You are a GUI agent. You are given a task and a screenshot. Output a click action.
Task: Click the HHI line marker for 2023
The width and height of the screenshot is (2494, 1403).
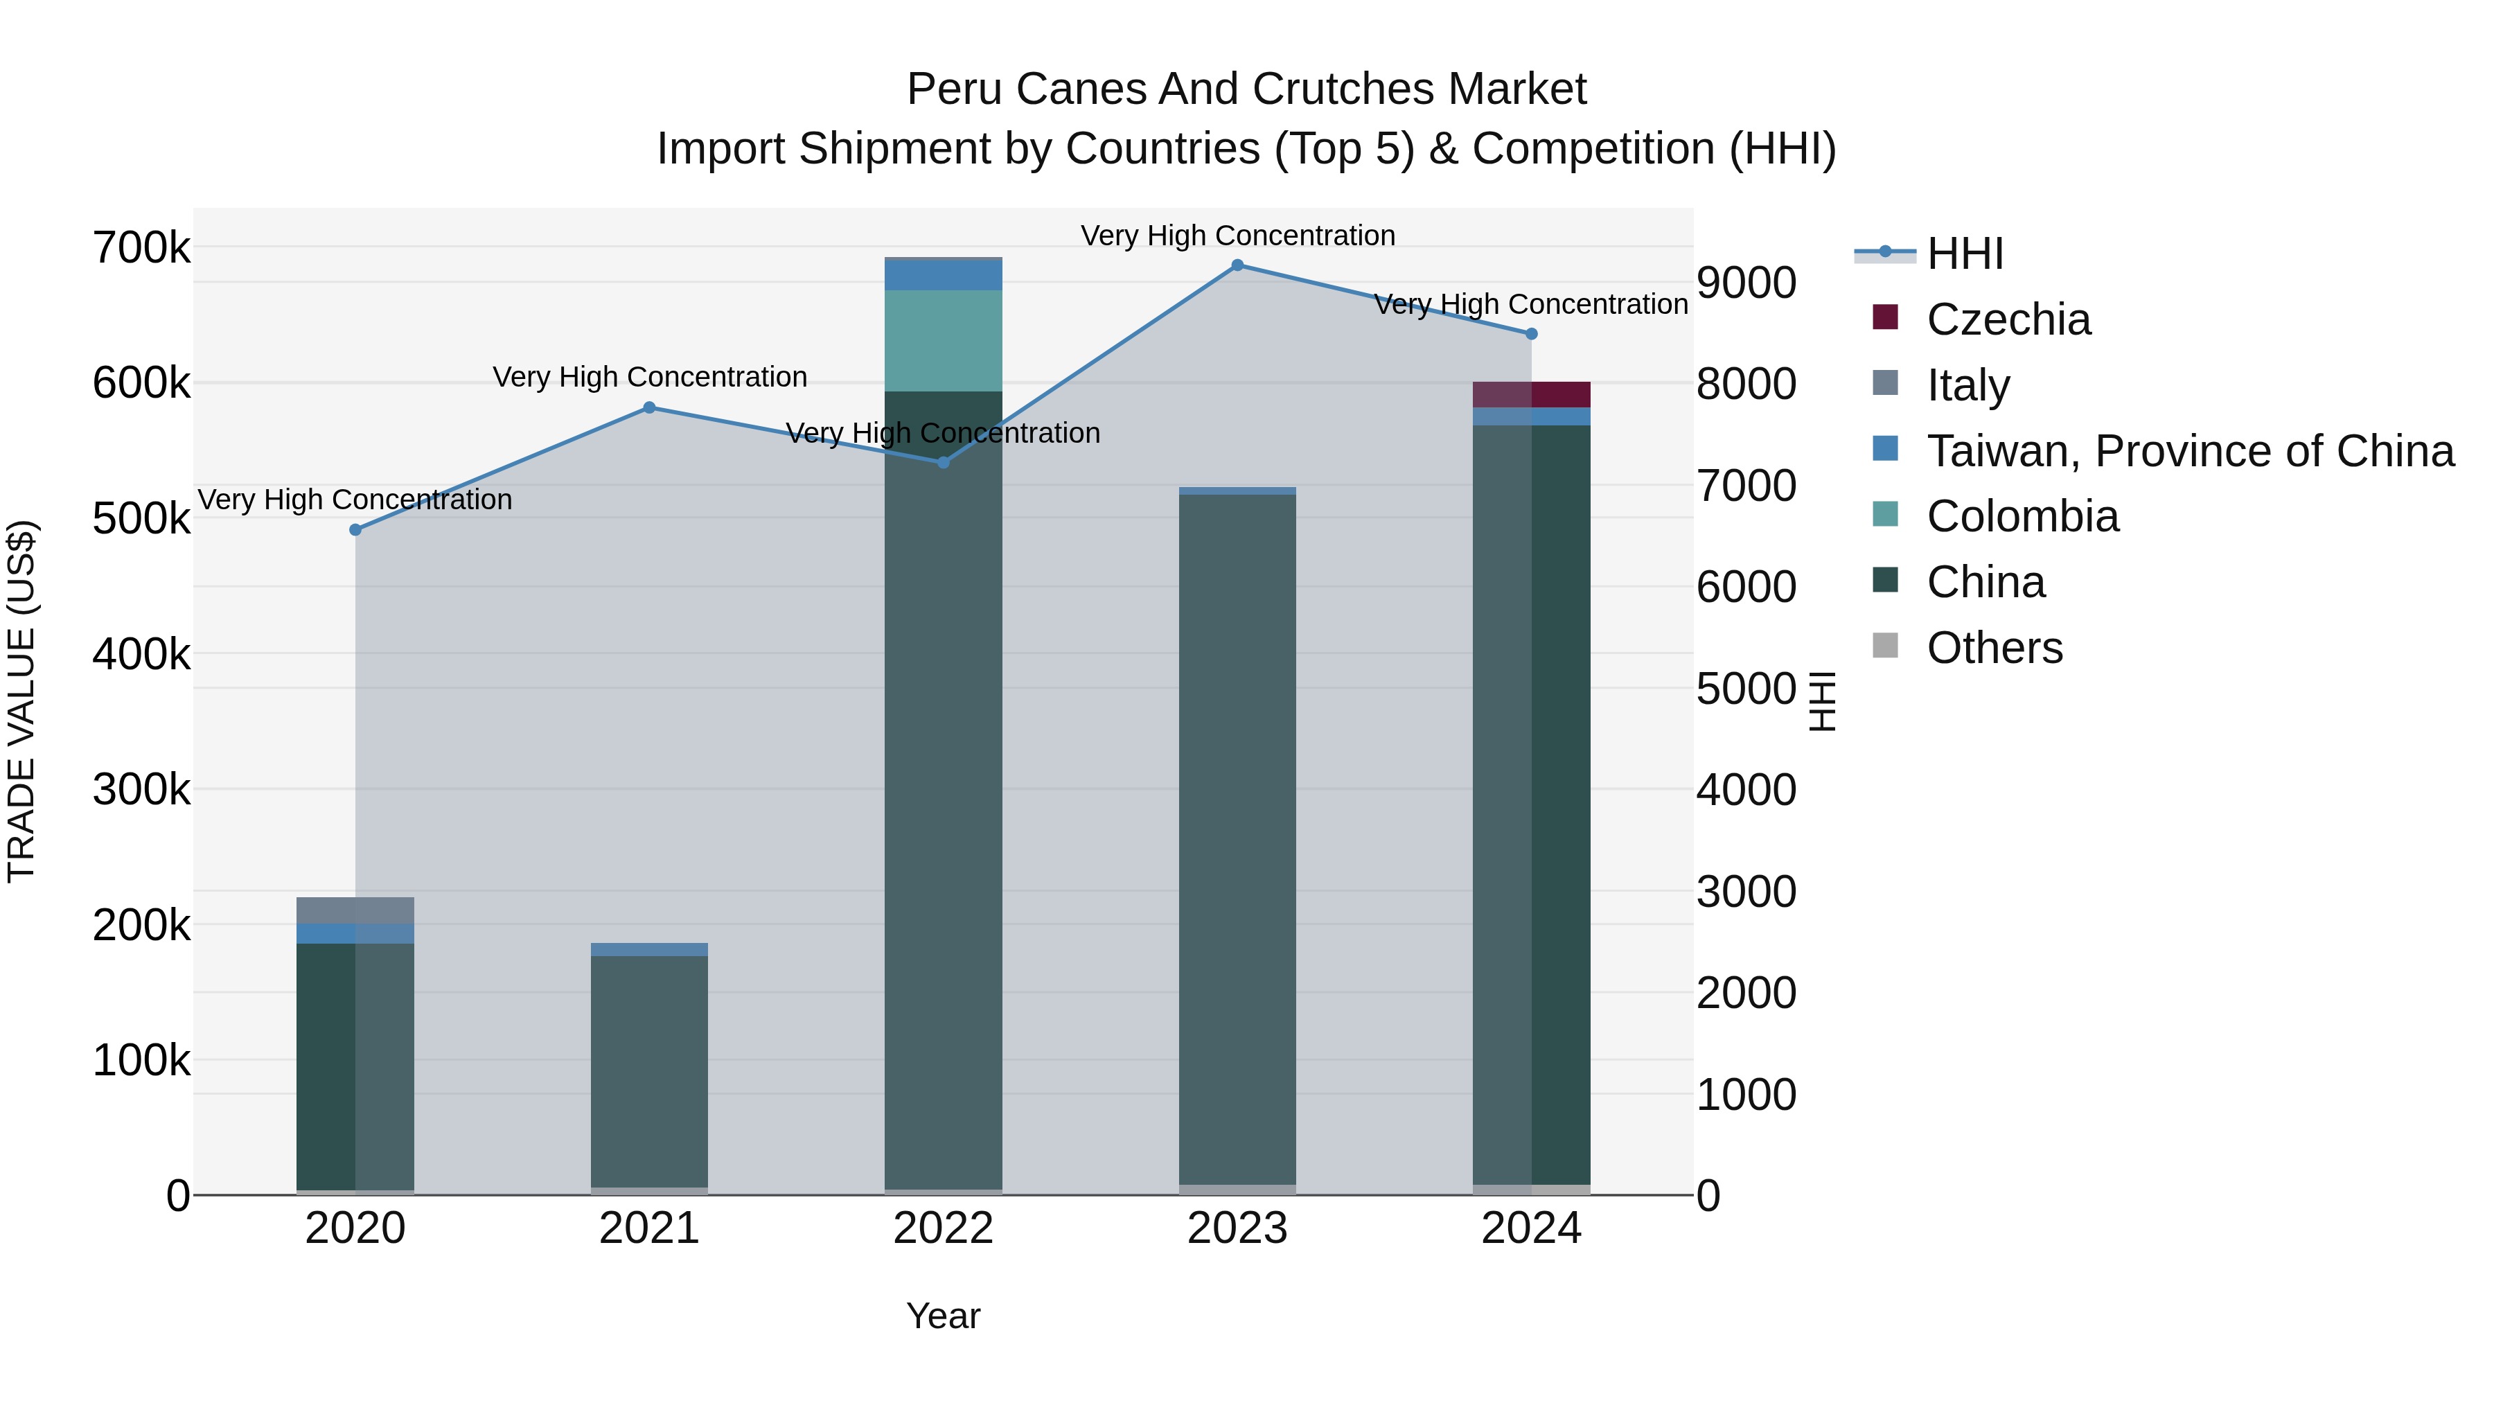1237,265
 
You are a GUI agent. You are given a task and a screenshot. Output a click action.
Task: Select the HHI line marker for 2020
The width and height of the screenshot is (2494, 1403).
355,529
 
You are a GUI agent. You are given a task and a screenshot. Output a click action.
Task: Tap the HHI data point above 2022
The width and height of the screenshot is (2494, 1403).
944,463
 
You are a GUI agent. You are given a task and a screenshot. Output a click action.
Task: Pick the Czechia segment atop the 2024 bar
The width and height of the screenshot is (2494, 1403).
1532,394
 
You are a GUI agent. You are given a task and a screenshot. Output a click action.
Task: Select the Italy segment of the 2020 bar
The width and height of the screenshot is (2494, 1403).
355,910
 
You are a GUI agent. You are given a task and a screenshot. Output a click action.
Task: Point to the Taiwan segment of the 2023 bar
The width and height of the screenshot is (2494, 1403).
1237,491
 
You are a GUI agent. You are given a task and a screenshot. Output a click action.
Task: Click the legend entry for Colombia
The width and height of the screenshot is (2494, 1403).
2022,516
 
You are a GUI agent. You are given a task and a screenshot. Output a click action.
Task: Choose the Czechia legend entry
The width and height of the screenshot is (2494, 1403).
2008,319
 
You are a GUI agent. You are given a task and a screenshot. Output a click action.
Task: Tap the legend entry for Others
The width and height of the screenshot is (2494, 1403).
1995,648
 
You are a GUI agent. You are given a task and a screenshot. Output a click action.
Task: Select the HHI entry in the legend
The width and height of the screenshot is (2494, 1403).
1965,254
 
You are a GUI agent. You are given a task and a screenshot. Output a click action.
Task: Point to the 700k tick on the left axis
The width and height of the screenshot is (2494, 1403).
141,248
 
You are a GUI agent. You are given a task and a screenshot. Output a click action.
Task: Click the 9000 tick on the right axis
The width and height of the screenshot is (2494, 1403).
1746,283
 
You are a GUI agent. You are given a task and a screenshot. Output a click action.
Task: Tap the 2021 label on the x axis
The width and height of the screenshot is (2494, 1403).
650,1228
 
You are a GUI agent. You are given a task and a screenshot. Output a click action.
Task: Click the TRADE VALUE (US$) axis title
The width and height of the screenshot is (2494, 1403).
21,701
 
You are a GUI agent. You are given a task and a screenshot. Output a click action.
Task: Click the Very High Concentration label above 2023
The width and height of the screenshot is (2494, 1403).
1237,236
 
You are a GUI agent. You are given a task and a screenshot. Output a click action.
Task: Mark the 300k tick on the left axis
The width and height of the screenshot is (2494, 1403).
141,789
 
